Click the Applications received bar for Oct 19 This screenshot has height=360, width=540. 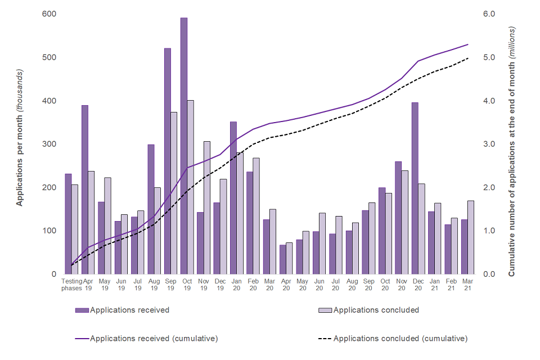184,146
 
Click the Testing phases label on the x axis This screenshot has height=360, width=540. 71,284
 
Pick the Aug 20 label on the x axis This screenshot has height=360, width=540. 352,284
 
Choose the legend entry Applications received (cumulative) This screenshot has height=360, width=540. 154,339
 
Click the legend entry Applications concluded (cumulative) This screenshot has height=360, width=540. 400,339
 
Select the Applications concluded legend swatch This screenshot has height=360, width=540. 325,310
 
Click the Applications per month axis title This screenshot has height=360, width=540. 20,138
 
